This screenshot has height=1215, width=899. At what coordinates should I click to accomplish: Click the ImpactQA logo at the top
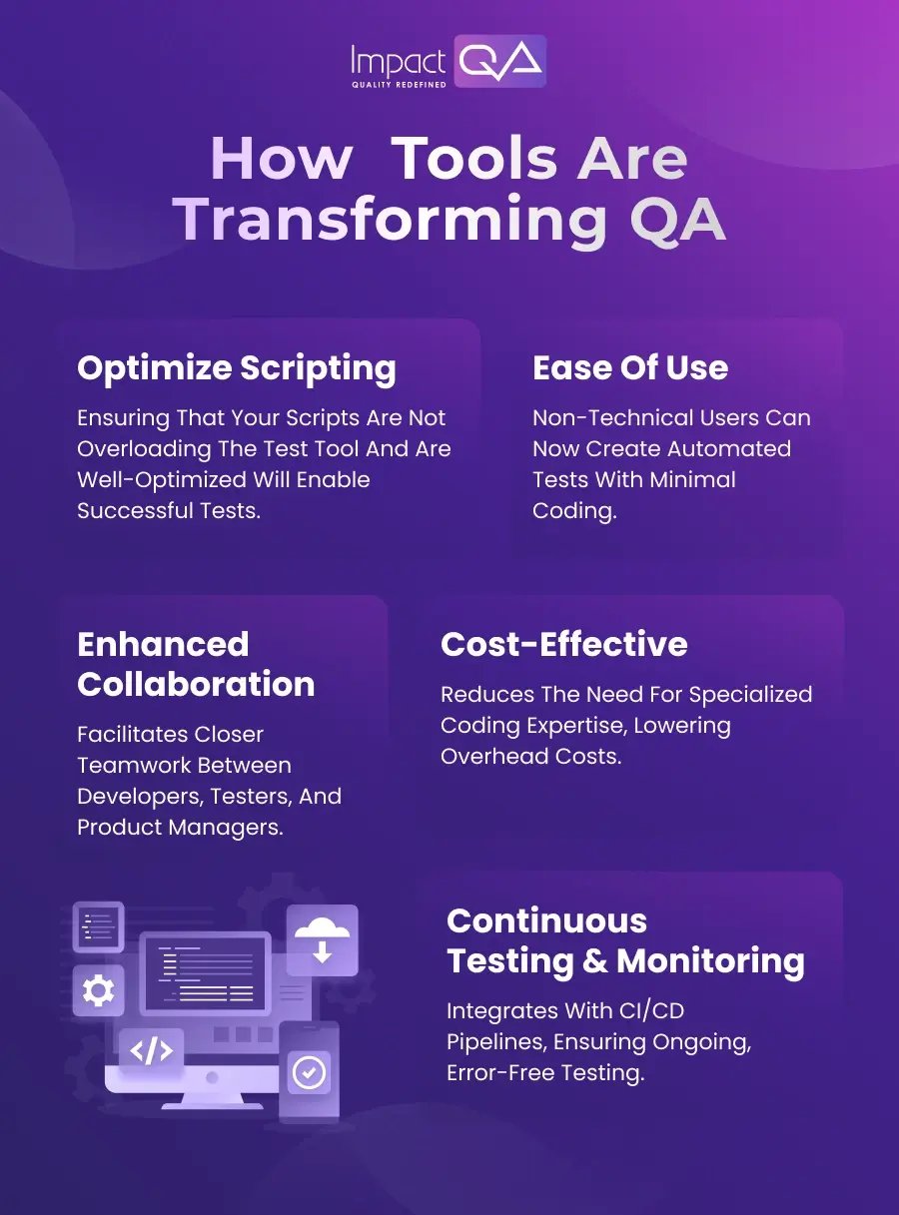[449, 62]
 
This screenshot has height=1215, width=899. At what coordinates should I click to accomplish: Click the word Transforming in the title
[391, 221]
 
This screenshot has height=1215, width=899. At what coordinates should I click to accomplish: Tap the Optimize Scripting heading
[237, 368]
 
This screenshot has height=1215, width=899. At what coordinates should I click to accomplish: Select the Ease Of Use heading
[630, 367]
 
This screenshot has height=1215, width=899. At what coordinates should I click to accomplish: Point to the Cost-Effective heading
[563, 644]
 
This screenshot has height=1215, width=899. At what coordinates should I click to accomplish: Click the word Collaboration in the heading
[196, 684]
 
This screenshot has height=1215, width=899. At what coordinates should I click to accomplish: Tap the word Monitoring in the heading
[710, 960]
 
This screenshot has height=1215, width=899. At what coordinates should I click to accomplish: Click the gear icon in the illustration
[98, 990]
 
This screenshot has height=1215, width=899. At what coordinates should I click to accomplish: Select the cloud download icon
[322, 939]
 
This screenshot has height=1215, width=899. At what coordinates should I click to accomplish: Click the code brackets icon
[151, 1050]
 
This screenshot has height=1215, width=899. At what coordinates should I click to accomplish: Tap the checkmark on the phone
[309, 1073]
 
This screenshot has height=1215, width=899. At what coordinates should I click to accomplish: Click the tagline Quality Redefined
[399, 85]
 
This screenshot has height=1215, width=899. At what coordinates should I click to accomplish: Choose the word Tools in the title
[473, 160]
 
